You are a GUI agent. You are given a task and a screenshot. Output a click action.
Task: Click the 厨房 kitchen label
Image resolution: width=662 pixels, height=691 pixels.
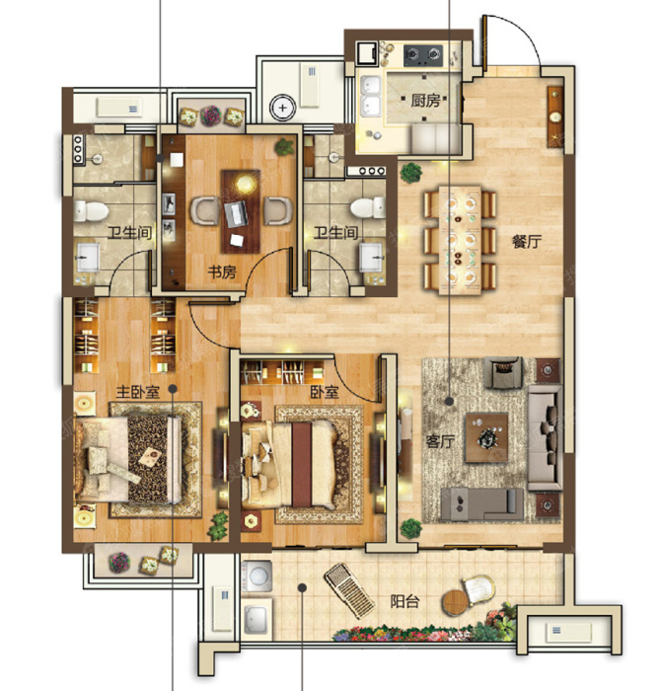(425, 101)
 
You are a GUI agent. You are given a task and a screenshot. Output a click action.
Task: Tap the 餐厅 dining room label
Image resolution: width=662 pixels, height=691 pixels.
(526, 241)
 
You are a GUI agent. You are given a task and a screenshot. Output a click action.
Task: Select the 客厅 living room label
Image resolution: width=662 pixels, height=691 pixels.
(440, 441)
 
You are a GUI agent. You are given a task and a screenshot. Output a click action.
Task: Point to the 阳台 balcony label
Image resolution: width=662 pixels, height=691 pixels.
(405, 601)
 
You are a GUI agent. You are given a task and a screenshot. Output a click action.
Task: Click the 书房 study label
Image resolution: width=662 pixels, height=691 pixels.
(222, 271)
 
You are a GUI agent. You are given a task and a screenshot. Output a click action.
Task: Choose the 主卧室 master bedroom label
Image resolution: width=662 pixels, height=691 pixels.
(138, 391)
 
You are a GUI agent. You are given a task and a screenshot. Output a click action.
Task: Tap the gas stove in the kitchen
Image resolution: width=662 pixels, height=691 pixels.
(423, 54)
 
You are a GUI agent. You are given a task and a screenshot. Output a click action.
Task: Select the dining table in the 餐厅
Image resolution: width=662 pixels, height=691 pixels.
(460, 240)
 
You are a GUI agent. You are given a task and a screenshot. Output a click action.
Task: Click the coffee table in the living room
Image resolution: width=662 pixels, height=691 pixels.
(486, 437)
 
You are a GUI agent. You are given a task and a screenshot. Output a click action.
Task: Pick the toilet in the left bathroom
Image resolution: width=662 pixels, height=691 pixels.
(91, 211)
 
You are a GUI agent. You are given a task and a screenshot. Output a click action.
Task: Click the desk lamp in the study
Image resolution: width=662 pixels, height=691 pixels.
(245, 184)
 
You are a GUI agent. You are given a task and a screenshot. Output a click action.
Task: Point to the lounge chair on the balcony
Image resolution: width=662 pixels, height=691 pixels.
(349, 590)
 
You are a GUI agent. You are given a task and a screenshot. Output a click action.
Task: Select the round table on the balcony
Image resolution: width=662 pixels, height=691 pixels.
(455, 602)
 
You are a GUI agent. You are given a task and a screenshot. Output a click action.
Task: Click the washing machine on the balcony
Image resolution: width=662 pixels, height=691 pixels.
(256, 576)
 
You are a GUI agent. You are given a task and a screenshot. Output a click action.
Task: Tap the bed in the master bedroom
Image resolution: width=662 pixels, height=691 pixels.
(127, 460)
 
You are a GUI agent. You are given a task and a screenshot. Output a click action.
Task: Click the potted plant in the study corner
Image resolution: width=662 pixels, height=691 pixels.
(284, 146)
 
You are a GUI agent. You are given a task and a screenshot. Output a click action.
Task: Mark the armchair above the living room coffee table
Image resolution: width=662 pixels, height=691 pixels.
(502, 372)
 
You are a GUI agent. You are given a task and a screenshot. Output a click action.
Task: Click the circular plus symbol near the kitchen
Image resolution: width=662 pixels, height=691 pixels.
(282, 107)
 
